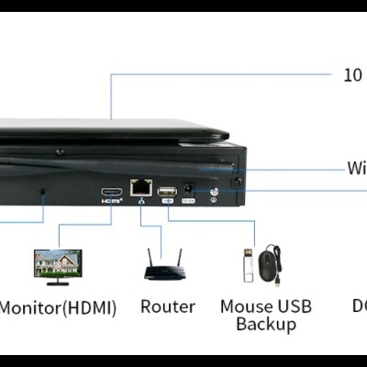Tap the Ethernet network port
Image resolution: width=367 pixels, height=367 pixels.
tap(139, 187)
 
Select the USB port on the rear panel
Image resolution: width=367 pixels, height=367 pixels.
tap(166, 191)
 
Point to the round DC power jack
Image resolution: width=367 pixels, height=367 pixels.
tap(189, 189)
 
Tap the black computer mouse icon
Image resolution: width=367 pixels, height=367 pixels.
tap(268, 266)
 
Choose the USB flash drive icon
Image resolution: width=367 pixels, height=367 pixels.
tap(247, 267)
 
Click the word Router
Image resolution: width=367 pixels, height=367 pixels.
tap(167, 306)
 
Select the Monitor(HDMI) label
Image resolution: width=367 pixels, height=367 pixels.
tap(58, 307)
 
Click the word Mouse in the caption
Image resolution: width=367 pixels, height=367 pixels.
tap(246, 306)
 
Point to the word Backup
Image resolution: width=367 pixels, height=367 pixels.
tap(265, 324)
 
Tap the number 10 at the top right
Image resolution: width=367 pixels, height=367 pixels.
tap(352, 75)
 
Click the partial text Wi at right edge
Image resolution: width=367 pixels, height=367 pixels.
tap(357, 168)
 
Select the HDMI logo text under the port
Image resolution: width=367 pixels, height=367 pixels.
tap(111, 202)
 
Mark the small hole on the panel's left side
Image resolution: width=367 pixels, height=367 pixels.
tap(42, 193)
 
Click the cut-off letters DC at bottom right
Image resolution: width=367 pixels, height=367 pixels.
tap(359, 306)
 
